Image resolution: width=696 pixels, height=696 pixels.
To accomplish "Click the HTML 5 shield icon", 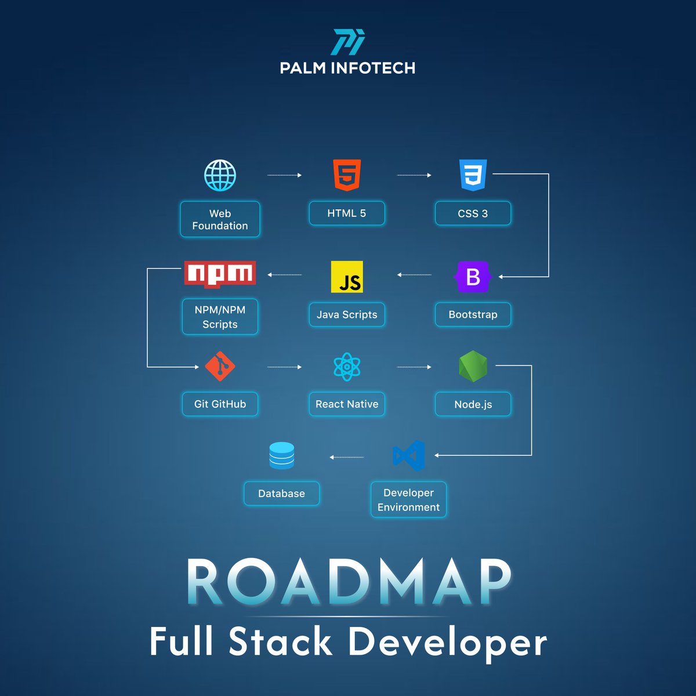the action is pyautogui.click(x=347, y=175).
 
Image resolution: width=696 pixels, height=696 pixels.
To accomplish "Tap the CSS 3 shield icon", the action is pyautogui.click(x=473, y=175).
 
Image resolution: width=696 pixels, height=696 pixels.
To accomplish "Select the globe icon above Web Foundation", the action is pyautogui.click(x=220, y=175).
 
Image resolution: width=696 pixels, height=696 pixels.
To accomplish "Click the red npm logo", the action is pyautogui.click(x=220, y=274).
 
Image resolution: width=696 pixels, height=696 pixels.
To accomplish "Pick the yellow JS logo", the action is pyautogui.click(x=347, y=277).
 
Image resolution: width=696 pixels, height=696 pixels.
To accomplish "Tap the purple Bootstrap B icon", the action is pyautogui.click(x=473, y=277).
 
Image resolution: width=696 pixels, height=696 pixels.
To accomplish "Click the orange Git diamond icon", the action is pyautogui.click(x=220, y=367).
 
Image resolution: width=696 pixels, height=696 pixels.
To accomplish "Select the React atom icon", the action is pyautogui.click(x=347, y=367).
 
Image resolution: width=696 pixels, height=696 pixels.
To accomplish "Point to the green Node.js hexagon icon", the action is pyautogui.click(x=473, y=367).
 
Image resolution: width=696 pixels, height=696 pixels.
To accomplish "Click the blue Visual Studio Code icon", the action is pyautogui.click(x=409, y=456).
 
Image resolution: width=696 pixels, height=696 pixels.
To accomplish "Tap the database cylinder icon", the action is pyautogui.click(x=282, y=456).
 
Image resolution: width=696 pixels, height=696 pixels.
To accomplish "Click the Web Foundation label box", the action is pyautogui.click(x=220, y=219).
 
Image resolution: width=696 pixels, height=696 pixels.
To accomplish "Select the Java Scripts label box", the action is pyautogui.click(x=347, y=314).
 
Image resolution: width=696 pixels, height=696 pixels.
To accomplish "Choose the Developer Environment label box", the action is pyautogui.click(x=408, y=499).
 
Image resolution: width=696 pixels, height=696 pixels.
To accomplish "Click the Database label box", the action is pyautogui.click(x=282, y=494).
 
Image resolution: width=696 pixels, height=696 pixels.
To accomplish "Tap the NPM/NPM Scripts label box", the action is pyautogui.click(x=220, y=317).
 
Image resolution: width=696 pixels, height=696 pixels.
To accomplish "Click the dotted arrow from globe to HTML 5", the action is pyautogui.click(x=284, y=175).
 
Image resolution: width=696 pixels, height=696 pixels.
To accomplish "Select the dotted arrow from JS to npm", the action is pyautogui.click(x=285, y=275).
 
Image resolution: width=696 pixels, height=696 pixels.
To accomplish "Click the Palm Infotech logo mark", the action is pyautogui.click(x=348, y=42).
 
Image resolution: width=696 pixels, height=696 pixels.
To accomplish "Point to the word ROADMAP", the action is pyautogui.click(x=348, y=582).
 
